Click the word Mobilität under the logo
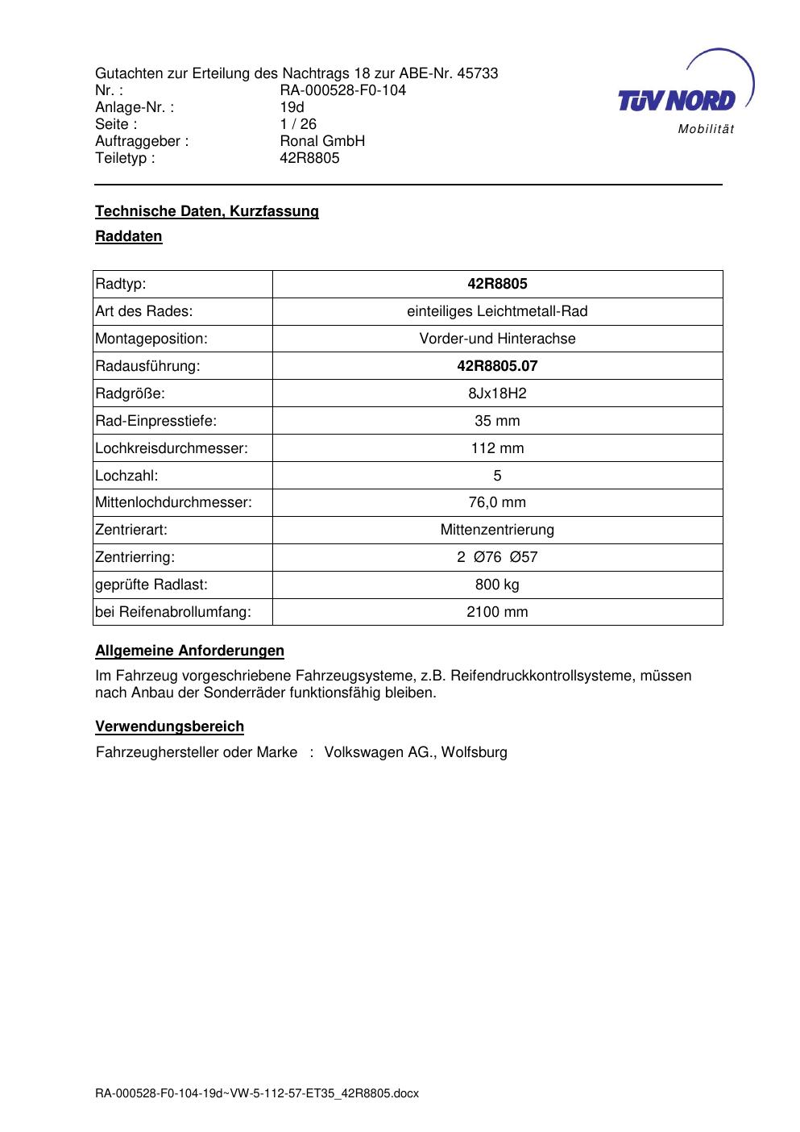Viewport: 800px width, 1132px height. pos(706,130)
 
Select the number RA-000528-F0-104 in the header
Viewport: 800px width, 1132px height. pos(342,90)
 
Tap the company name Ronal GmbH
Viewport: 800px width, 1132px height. pos(322,141)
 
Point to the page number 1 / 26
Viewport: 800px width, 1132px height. pos(298,124)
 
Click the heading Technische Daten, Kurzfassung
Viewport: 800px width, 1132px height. pos(207,211)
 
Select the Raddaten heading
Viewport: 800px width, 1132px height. pos(129,236)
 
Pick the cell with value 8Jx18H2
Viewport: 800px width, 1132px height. pos(497,393)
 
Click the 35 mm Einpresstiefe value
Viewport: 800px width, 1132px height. pos(497,421)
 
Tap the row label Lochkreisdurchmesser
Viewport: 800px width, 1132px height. pos(172,448)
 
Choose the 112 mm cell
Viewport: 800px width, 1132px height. pos(497,448)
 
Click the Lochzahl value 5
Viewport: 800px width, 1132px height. pos(497,476)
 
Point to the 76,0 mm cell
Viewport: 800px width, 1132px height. pos(497,502)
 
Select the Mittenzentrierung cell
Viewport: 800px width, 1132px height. pos(497,530)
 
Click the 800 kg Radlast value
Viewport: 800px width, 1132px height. pos(497,585)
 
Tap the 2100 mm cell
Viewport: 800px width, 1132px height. pos(497,612)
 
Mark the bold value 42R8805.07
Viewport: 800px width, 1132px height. pos(497,366)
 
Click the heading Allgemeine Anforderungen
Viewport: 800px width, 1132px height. pos(190,651)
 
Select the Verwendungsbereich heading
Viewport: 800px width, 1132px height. pos(170,726)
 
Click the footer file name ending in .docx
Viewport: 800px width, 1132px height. pos(257,1094)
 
